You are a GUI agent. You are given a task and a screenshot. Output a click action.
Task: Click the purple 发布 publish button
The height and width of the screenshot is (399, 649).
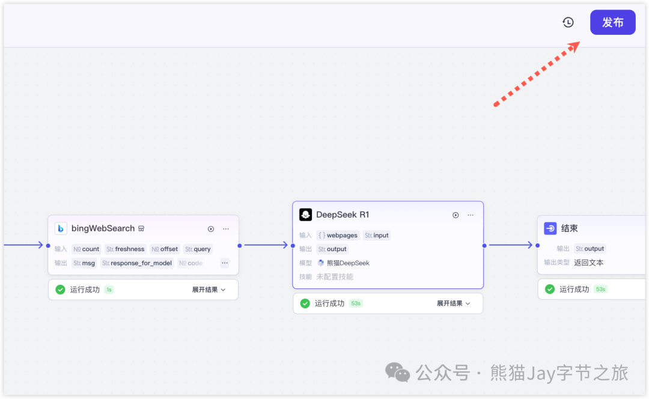(612, 22)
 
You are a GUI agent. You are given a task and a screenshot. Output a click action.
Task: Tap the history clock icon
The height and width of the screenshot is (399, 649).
(568, 22)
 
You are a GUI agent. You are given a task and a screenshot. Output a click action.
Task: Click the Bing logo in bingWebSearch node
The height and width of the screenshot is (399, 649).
(61, 228)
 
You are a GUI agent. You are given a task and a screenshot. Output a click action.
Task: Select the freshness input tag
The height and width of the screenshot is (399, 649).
(126, 249)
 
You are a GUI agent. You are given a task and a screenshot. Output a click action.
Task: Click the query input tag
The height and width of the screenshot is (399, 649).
(198, 249)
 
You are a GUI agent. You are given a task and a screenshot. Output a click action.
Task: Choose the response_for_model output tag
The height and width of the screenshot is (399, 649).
(137, 263)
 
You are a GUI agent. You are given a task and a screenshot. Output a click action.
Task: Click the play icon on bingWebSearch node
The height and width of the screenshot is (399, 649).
(211, 228)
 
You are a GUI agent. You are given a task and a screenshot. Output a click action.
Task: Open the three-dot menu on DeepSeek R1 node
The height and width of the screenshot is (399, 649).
(471, 215)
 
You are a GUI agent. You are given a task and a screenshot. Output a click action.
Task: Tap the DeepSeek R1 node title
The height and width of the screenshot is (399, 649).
(343, 215)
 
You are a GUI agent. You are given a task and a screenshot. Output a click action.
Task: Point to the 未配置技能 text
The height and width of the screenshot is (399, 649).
(335, 276)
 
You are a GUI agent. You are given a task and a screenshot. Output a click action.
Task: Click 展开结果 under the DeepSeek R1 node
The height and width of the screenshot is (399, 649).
(453, 303)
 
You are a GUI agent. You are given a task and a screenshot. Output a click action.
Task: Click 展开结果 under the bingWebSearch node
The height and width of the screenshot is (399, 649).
(209, 290)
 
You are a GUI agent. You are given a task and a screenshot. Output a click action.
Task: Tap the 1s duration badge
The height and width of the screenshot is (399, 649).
(109, 290)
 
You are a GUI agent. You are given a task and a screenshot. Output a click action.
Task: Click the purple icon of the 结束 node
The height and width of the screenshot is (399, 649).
(550, 228)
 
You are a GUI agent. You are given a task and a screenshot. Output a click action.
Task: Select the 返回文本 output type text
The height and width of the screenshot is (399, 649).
(588, 263)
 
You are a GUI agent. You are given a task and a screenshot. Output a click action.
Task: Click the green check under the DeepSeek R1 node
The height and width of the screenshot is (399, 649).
(305, 303)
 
